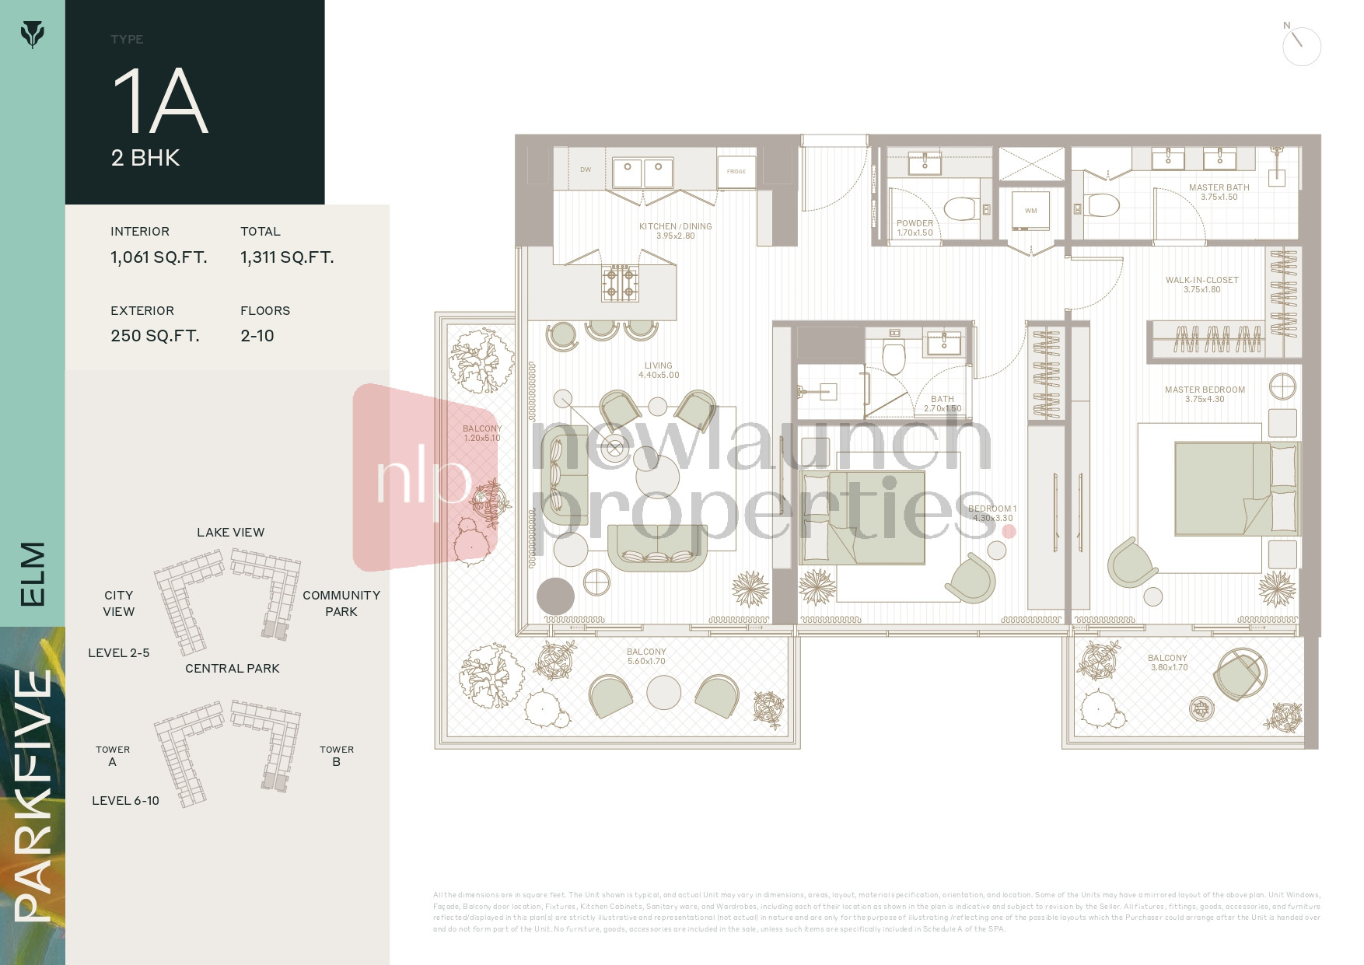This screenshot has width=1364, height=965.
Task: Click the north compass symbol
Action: point(1301,46)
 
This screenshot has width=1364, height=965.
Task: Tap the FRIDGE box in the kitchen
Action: point(736,171)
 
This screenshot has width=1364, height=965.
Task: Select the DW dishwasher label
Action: point(586,170)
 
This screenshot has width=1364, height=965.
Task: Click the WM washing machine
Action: point(1030,211)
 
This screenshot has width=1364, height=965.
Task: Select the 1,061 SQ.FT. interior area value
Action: point(159,257)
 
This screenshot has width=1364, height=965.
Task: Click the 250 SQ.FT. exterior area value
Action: point(155,336)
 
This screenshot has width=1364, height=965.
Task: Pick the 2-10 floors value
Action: point(257,336)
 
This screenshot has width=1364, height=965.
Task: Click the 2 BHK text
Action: point(145,158)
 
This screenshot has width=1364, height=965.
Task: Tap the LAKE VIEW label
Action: point(230,533)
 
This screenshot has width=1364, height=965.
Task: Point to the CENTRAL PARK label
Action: point(232,669)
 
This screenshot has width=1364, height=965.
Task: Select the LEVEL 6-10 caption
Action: point(125,801)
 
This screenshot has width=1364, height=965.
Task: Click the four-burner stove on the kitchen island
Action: point(620,284)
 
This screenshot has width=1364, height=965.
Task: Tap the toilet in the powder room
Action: point(960,208)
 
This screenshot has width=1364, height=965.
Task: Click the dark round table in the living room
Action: point(555,596)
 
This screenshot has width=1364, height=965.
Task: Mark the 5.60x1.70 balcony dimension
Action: point(646,662)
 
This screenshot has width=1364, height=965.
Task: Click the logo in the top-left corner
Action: point(32,34)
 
